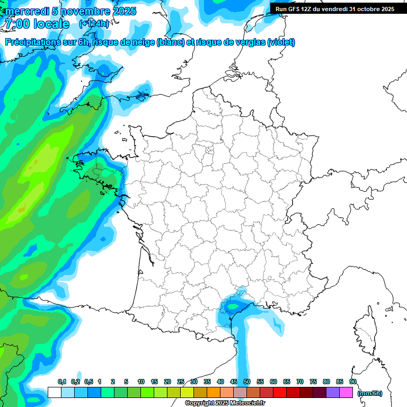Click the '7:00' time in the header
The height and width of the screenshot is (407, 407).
[x=16, y=24]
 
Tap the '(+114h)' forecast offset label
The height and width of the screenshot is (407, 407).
[x=94, y=24]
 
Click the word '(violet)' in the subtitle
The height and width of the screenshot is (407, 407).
[x=281, y=42]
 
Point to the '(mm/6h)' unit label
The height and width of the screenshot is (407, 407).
[x=370, y=393]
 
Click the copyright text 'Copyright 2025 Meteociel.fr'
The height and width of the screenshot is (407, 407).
[x=225, y=403]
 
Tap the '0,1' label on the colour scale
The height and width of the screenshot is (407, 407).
[x=61, y=382]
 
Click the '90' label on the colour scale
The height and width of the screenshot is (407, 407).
[x=352, y=382]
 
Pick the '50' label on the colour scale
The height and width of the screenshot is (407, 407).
[x=247, y=382]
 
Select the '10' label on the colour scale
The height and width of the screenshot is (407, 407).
[x=141, y=382]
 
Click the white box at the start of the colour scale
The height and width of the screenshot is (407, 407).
[x=54, y=392]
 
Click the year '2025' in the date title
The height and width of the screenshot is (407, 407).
[x=120, y=11]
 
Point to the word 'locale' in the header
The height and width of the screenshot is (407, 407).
[x=51, y=24]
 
